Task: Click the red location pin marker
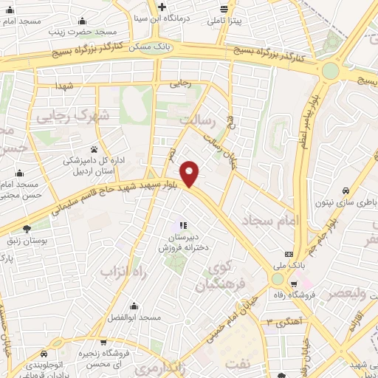(x=191, y=173)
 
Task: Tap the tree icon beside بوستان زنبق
(x=28, y=228)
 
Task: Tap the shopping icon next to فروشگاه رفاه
(x=295, y=284)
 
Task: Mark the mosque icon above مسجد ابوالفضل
(x=133, y=305)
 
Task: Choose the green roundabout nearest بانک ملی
(x=278, y=279)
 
